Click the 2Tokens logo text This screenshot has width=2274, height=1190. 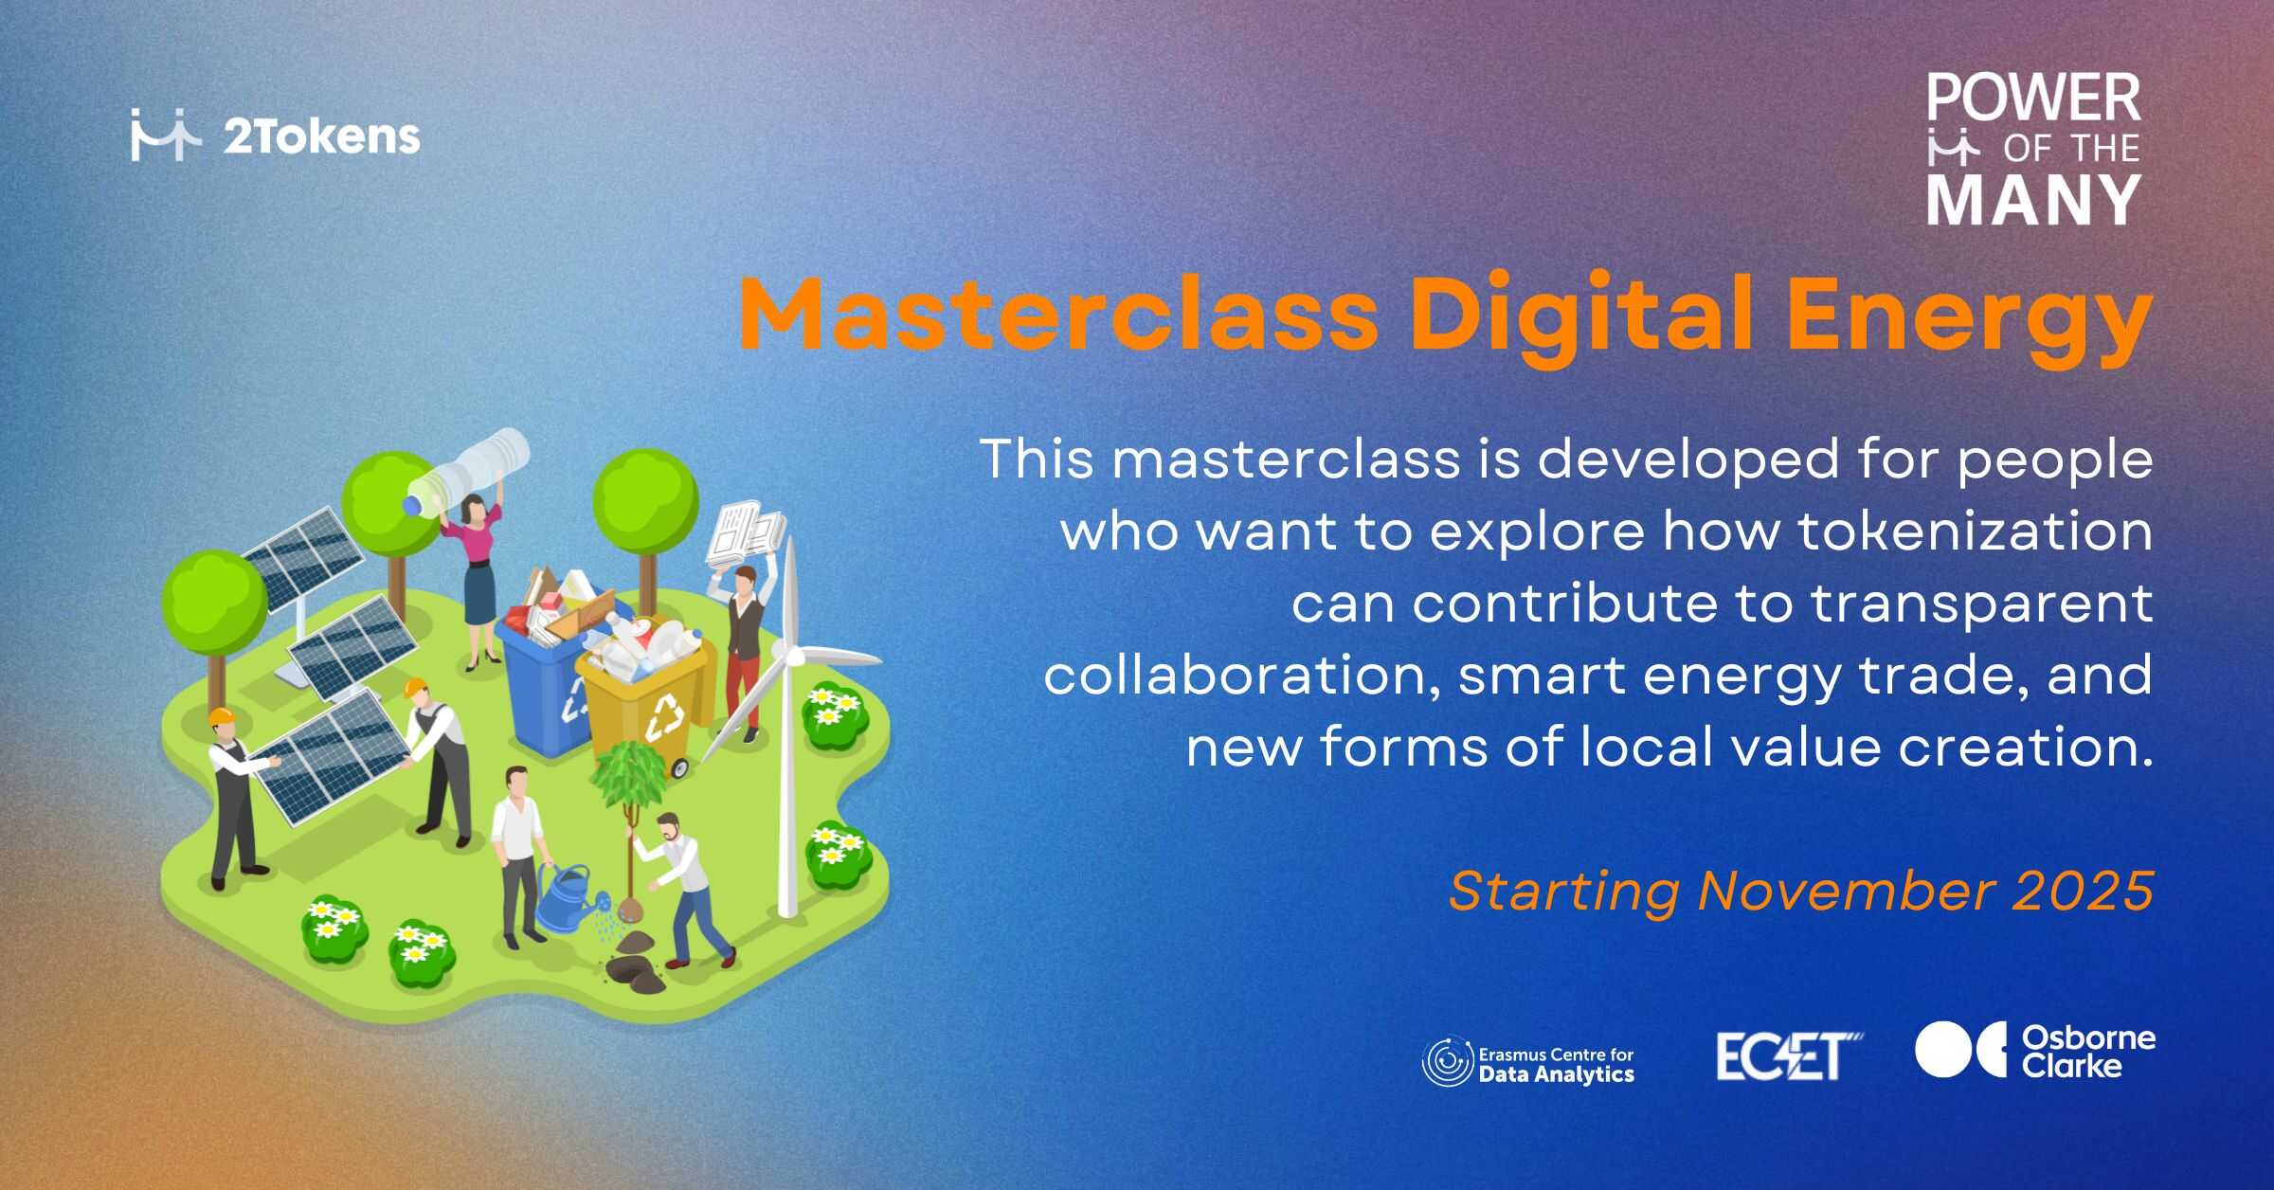point(322,138)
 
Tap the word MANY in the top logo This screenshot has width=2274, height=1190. point(2033,200)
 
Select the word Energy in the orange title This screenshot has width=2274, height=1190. point(1966,322)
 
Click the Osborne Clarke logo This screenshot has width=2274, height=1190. point(2035,1051)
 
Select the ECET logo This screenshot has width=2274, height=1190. point(1789,1055)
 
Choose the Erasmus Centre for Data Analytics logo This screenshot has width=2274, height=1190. point(1528,1063)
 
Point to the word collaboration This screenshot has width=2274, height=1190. point(1242,675)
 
